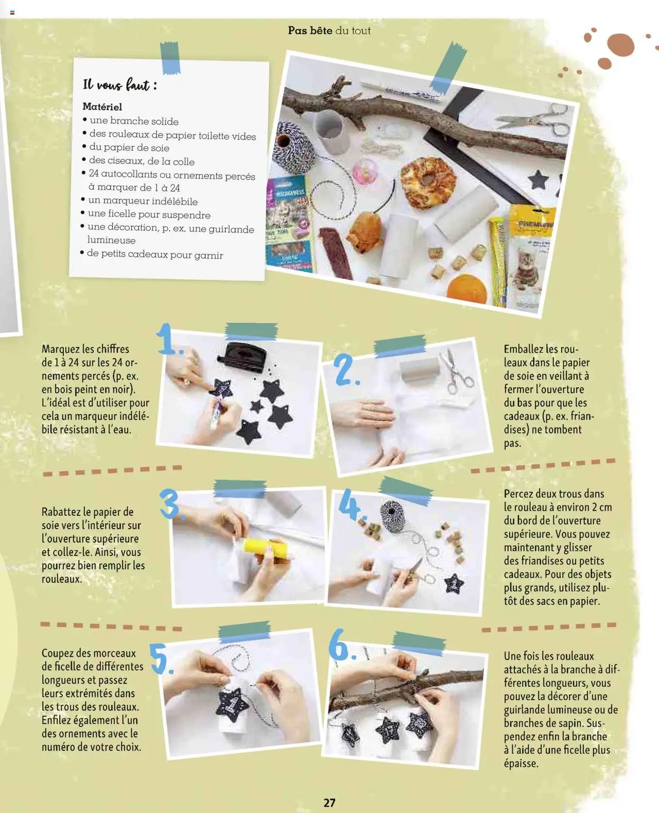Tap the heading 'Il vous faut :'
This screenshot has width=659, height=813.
pos(120,84)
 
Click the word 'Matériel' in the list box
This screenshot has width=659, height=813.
pos(102,107)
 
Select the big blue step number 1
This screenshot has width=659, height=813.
pos(169,338)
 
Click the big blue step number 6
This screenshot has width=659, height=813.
pos(341,645)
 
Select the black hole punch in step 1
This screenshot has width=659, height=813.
pos(242,355)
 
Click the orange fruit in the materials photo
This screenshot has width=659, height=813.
pos(466,289)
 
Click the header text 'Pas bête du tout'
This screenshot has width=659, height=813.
pos(329,30)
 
